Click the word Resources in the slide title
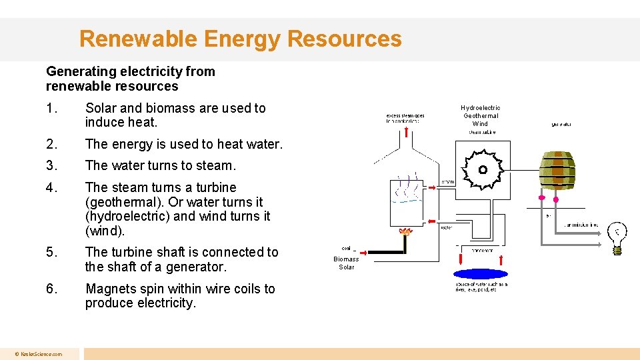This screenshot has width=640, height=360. pos(345,39)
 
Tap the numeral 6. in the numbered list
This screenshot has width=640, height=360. pos(52,289)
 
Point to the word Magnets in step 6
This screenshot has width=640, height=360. pos(112,289)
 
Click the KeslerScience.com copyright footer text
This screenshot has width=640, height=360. pos(39,354)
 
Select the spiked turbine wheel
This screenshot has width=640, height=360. pos(483,170)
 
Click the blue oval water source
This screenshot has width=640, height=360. pos(479,274)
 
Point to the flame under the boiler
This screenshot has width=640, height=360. pos(404,232)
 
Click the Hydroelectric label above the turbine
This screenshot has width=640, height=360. pos(480,107)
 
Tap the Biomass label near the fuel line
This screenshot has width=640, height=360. pos(346,259)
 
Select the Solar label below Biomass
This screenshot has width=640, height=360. pos(346,267)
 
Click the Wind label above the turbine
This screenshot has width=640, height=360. pos(480,123)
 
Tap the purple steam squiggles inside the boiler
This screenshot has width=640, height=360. pos(409,188)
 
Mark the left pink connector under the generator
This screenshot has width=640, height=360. pos(541,198)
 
